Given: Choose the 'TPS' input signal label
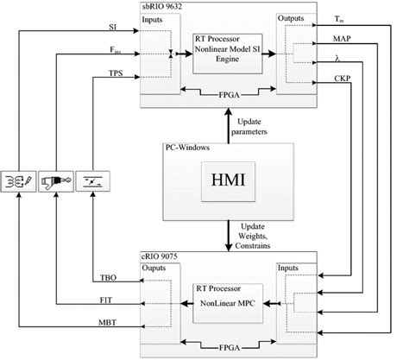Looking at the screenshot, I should [x=114, y=74].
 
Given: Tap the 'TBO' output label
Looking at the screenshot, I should [x=102, y=278].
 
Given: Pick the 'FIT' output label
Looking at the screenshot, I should [x=101, y=300].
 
